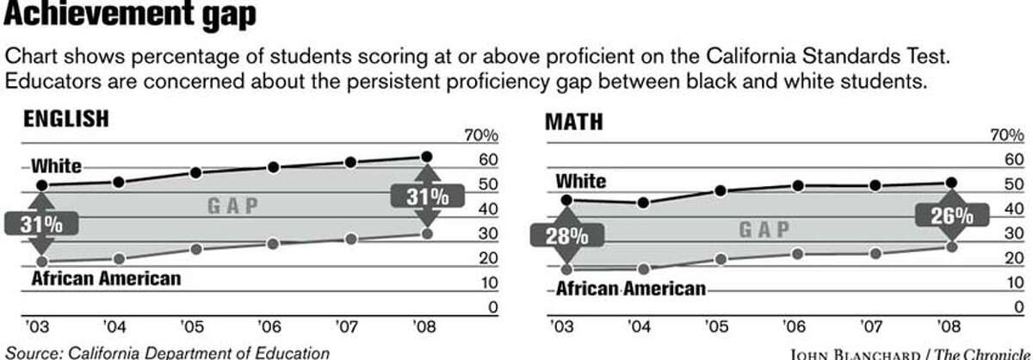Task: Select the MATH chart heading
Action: pos(574,121)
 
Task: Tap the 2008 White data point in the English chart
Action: pos(426,157)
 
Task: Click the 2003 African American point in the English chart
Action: pos(42,261)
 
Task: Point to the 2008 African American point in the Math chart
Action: pos(951,247)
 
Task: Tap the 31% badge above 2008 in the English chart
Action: pos(427,196)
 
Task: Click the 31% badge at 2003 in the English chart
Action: pos(41,224)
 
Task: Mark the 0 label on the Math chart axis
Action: pos(1018,307)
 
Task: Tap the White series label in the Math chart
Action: pos(581,182)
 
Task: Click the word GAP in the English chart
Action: pos(233,206)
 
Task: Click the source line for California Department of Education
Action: pos(167,351)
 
